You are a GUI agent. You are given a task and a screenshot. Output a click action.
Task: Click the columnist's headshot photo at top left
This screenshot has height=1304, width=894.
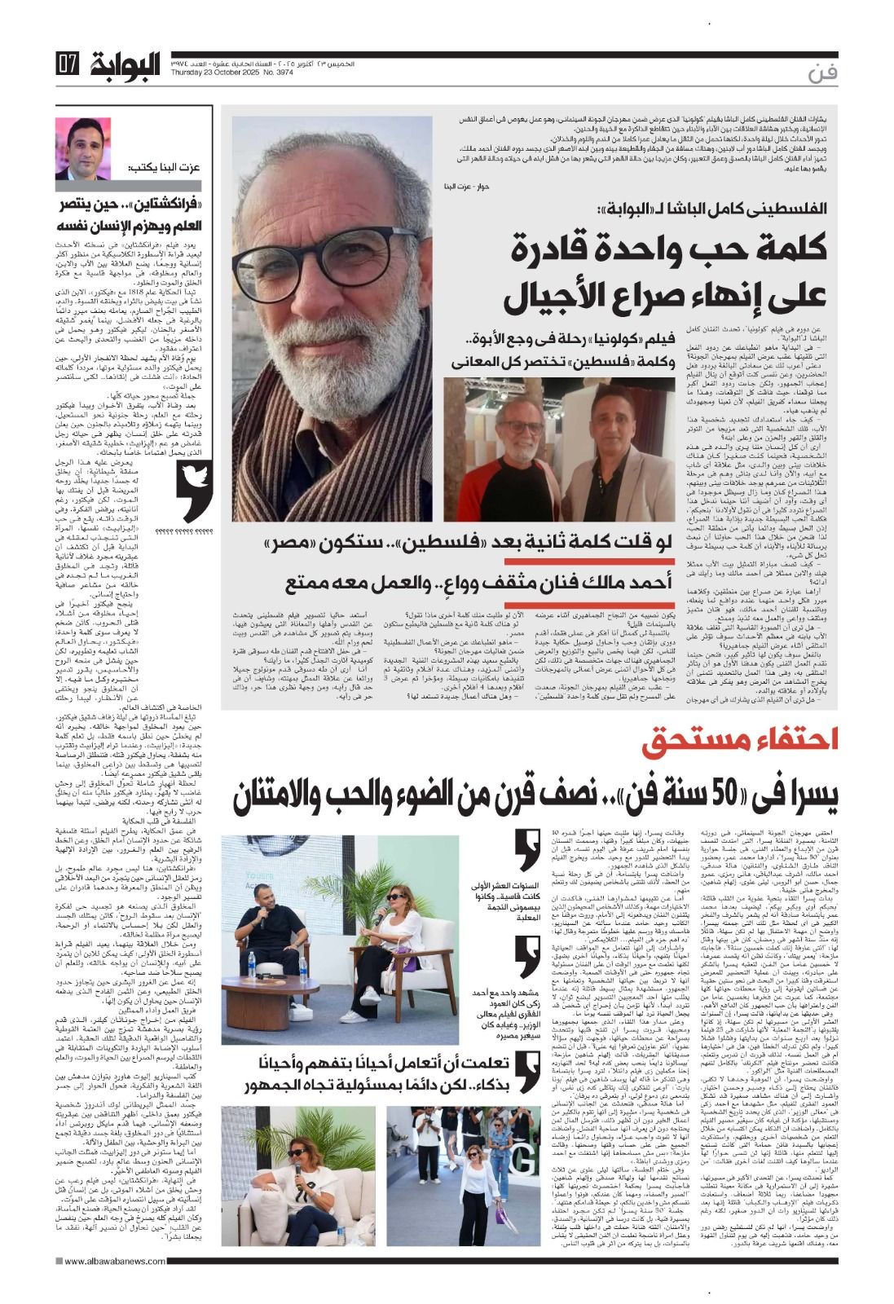[x=83, y=149]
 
